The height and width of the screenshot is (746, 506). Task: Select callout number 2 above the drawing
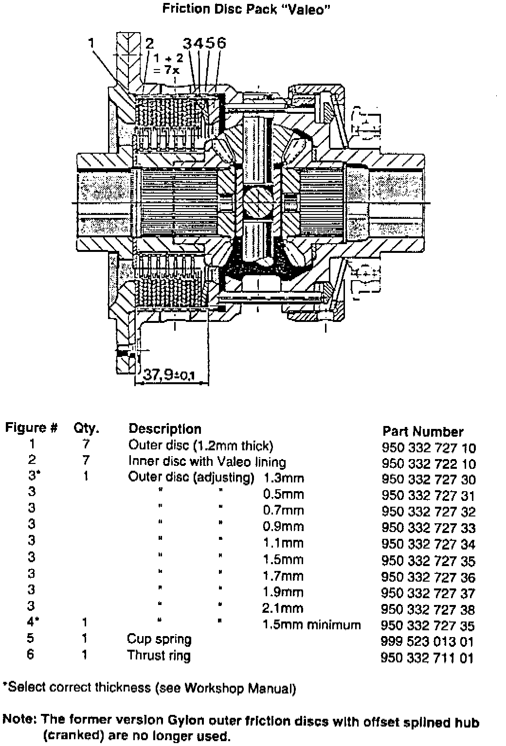coord(149,43)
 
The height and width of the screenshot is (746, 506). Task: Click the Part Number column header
coord(423,431)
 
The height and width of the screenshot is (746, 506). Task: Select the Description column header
coord(164,429)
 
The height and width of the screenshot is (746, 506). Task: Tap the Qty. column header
coord(86,428)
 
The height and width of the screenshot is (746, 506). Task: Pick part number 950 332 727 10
coord(429,448)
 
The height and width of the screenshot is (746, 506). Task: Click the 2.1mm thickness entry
coord(283,608)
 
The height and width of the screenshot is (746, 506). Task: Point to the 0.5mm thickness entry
coord(283,495)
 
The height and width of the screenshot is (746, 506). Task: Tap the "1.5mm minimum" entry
coord(312,624)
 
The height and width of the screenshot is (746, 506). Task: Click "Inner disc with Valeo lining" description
coord(207,462)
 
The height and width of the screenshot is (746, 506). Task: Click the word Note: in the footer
coord(20,719)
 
